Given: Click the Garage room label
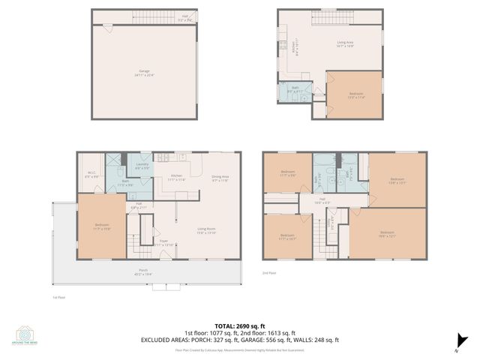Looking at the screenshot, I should coord(144,71).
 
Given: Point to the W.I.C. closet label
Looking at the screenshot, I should coord(91,174).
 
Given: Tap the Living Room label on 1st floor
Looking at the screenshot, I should coord(207,231).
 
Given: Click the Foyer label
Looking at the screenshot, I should coord(164,243).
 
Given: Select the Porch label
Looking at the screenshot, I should coord(142,273).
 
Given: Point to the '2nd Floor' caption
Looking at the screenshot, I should coord(270,273).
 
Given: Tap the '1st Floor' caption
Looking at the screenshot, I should coord(58,297).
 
